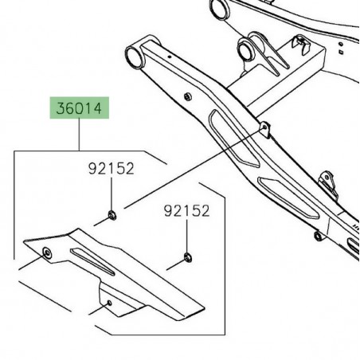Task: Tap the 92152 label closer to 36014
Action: click(110, 169)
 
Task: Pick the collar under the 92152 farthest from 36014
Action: click(187, 256)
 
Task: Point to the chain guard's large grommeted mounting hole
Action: click(46, 252)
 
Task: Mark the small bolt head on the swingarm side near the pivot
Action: click(186, 97)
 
